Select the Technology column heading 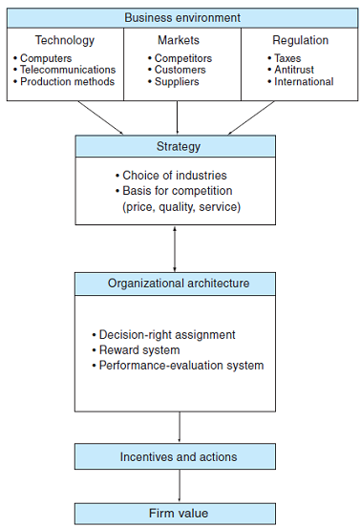point(65,40)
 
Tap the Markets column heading point(178,40)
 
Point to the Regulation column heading point(300,40)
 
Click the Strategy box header point(176,146)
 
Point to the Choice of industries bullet point(174,176)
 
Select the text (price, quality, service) point(180,206)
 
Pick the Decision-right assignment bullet point(166,335)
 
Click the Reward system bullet point(141,350)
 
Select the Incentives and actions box point(178,456)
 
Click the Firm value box point(178,514)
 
